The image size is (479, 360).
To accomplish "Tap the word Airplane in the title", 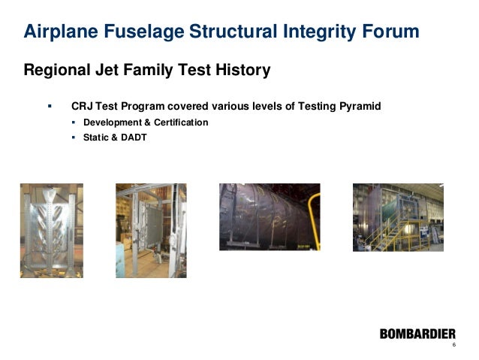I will point(60,32).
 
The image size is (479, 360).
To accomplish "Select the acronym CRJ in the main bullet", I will point(82,107).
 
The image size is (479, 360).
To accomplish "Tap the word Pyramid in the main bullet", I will point(357,107).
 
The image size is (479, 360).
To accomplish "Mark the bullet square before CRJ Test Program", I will point(50,107).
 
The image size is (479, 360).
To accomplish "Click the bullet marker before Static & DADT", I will point(74,138).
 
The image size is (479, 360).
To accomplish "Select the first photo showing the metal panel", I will point(51,231).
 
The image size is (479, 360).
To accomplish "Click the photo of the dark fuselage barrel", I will point(269,216).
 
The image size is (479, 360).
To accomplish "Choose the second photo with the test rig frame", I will point(150,231).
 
